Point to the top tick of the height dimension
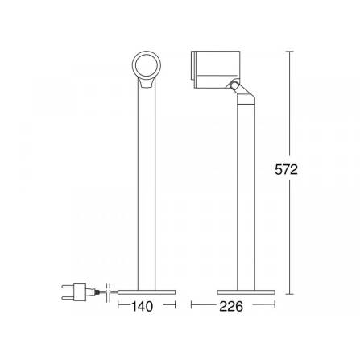(x=289, y=51)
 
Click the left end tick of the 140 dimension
(x=119, y=306)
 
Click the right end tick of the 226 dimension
(x=275, y=306)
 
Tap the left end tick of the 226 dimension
(x=192, y=306)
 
